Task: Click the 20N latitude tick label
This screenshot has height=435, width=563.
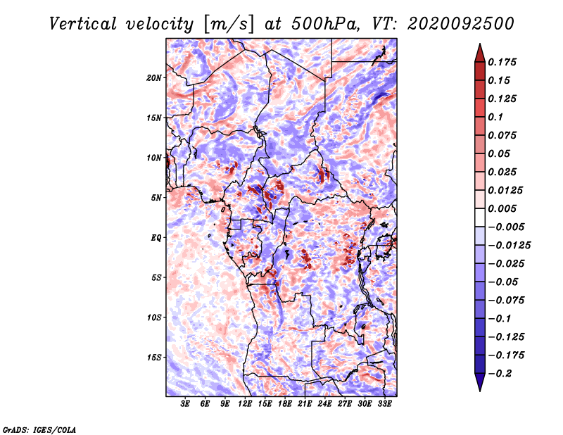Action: point(154,77)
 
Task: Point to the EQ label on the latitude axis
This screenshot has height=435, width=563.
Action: point(156,237)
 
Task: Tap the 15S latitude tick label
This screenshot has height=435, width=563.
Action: point(154,358)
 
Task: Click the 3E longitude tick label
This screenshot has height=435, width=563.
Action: point(186,404)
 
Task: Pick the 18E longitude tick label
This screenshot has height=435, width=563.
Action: point(284,404)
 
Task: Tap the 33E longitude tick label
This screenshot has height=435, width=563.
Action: point(384,404)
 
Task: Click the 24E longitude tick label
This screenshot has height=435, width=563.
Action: point(324,404)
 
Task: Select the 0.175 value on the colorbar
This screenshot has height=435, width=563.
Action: point(504,62)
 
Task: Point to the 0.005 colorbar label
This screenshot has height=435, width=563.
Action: point(504,208)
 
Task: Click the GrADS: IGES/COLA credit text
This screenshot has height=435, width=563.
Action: point(39,429)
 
